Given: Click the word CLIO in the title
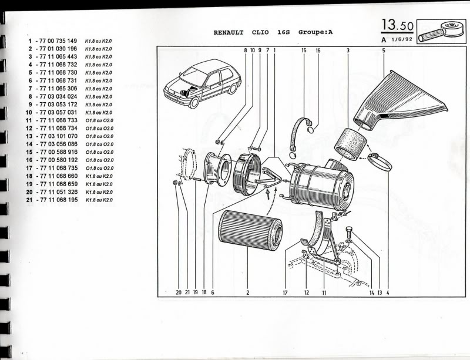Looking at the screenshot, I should [x=260, y=33].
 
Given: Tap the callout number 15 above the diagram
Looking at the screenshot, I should [x=304, y=51].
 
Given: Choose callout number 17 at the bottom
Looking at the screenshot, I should [x=286, y=292].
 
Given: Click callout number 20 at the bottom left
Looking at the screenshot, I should [x=178, y=292].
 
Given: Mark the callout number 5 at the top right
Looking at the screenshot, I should [x=383, y=51].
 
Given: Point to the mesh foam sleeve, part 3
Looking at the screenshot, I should [x=350, y=144].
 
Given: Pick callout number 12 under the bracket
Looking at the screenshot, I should [x=306, y=292].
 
